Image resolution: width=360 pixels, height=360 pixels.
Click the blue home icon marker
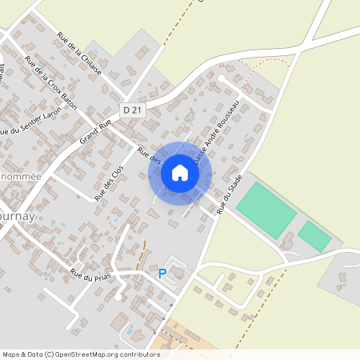(180, 173)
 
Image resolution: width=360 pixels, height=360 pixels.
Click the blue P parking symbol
(162, 274)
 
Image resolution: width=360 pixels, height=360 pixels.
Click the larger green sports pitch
(266, 209)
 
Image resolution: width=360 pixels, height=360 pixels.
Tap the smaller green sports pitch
(314, 237)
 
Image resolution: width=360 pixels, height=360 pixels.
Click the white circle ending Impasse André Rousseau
(222, 78)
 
